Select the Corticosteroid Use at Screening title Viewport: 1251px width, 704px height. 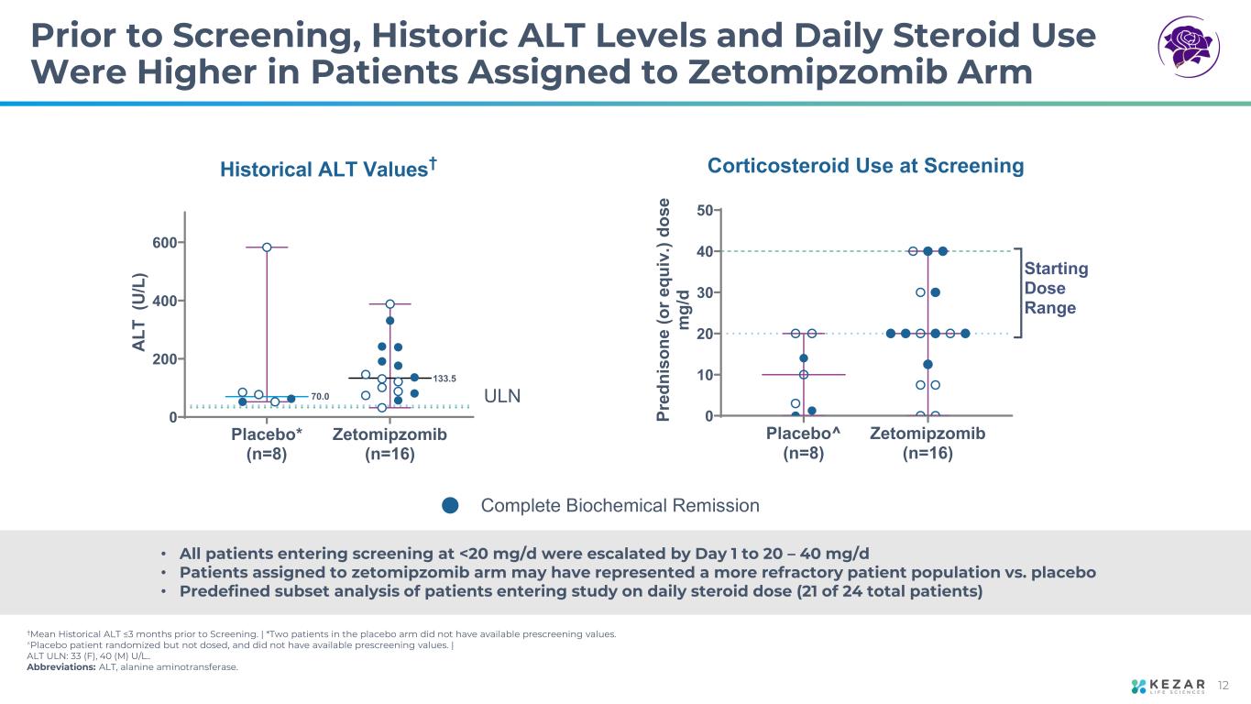(865, 166)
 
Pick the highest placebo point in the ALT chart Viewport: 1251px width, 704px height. (267, 247)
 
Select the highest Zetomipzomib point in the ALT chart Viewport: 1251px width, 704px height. (390, 303)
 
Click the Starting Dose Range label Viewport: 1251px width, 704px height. (1056, 289)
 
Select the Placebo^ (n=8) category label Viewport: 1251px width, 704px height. (796, 443)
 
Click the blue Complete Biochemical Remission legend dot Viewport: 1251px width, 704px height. (450, 506)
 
